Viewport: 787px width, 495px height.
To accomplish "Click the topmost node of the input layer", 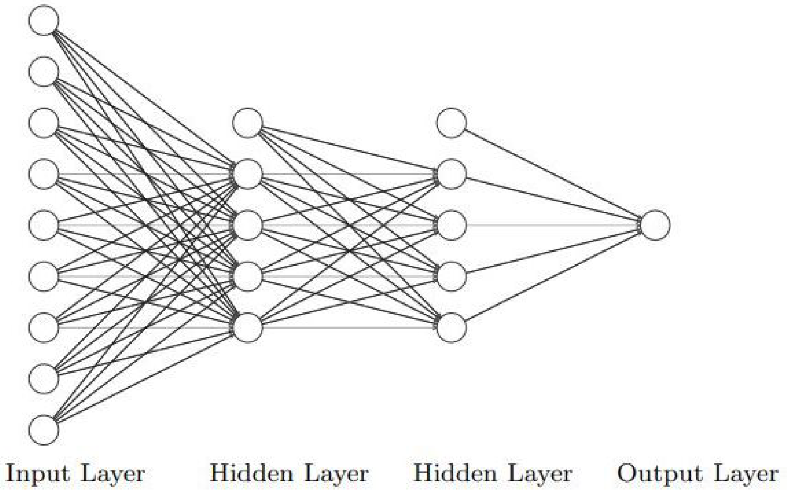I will click(x=44, y=20).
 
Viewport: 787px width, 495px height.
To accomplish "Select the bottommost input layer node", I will click(x=44, y=430).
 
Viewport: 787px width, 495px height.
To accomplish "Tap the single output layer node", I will click(x=655, y=225).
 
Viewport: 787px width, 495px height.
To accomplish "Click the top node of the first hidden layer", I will click(x=248, y=123).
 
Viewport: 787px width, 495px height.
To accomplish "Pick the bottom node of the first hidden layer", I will click(x=248, y=328).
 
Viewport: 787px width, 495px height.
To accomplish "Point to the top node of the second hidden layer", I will click(x=451, y=123).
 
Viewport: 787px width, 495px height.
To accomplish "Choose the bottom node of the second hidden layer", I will click(x=451, y=328).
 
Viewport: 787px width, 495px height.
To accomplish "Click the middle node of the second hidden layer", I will click(x=451, y=225).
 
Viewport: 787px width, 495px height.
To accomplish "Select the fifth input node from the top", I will click(x=44, y=225).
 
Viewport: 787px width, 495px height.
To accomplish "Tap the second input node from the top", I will click(x=44, y=71).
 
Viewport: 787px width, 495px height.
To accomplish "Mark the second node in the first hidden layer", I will click(x=248, y=174).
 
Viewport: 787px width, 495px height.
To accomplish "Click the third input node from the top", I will click(x=44, y=123).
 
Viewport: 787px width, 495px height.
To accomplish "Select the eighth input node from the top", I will click(x=44, y=378).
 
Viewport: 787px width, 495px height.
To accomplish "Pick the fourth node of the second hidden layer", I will click(x=451, y=276).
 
